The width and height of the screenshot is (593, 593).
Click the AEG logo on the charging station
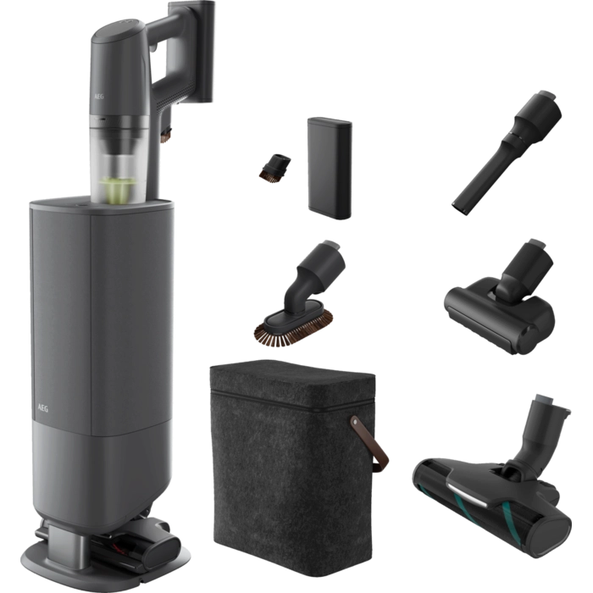click(42, 408)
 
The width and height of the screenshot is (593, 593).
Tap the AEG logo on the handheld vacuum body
click(99, 96)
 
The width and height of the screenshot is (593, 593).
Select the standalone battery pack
click(330, 169)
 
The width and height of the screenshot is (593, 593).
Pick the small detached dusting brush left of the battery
click(275, 167)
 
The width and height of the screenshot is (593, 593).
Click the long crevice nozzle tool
click(507, 152)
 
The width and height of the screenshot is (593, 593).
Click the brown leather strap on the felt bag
click(369, 443)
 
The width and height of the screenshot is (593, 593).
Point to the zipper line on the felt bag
click(293, 402)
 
